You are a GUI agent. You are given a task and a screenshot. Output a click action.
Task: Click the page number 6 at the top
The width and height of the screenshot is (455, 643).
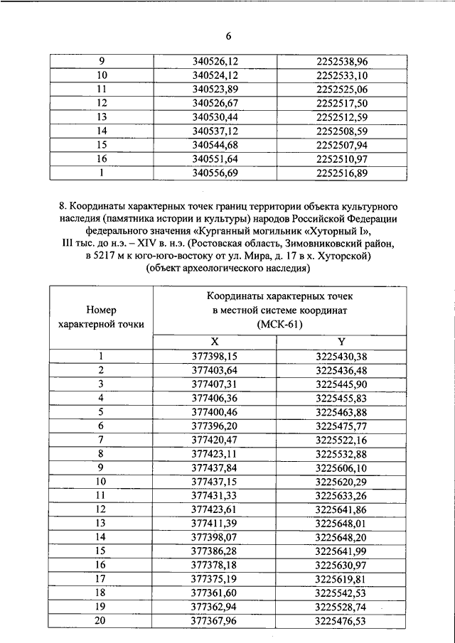point(229,36)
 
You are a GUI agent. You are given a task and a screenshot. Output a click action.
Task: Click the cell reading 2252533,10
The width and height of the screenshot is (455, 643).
point(341,76)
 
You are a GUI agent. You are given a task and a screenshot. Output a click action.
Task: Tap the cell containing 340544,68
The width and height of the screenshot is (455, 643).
point(220,144)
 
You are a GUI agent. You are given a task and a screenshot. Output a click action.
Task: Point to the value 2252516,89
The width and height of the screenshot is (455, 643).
point(341,173)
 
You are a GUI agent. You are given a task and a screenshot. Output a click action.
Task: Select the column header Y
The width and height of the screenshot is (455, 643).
point(341,342)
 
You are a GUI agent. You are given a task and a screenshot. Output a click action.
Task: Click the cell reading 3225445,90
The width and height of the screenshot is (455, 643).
point(341,384)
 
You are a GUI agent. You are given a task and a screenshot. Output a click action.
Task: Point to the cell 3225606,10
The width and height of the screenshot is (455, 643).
point(341,467)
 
